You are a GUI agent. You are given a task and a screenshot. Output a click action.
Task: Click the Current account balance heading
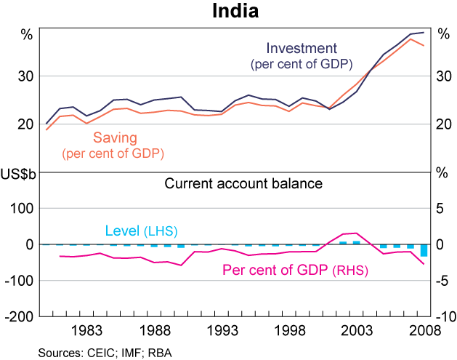click(243, 184)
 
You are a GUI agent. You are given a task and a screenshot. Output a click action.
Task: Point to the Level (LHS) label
click(141, 231)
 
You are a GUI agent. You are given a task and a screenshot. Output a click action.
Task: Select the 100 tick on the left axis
click(24, 209)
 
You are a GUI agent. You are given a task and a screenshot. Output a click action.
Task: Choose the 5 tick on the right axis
click(439, 209)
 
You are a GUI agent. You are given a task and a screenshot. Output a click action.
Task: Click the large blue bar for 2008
click(424, 250)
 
